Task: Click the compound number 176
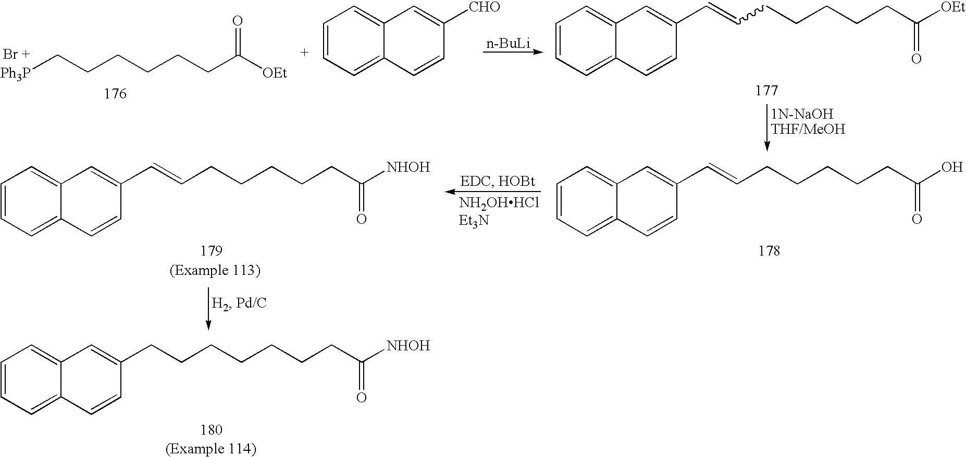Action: tap(115, 94)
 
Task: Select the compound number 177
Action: tap(766, 91)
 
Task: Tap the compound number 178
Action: tap(769, 251)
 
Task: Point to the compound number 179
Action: tap(212, 251)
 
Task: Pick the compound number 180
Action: tap(212, 430)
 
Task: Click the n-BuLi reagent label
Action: tap(508, 44)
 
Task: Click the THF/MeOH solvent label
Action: tap(808, 130)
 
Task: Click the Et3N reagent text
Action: tap(474, 221)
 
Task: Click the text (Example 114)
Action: tap(212, 449)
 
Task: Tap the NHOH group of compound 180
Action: tap(407, 346)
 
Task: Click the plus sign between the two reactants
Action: tap(305, 53)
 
